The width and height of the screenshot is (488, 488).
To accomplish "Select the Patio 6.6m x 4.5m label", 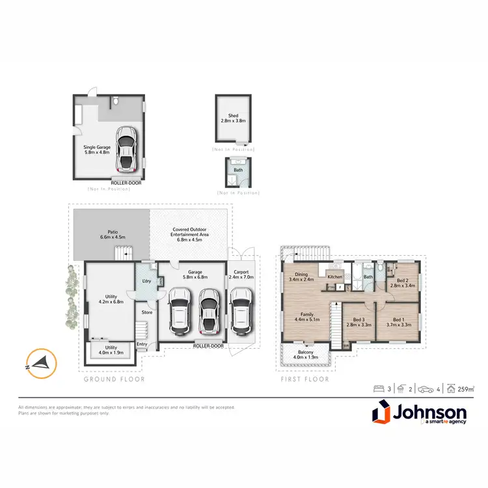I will click(112, 234).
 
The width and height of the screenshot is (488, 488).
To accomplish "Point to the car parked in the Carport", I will click(240, 310).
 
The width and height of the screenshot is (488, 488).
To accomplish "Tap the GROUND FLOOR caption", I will click(115, 379).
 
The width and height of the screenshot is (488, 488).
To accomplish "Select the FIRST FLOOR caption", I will click(305, 379).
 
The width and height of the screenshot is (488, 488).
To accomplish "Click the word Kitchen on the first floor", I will click(335, 277).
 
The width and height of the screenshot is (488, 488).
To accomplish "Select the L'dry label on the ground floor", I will click(146, 281).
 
